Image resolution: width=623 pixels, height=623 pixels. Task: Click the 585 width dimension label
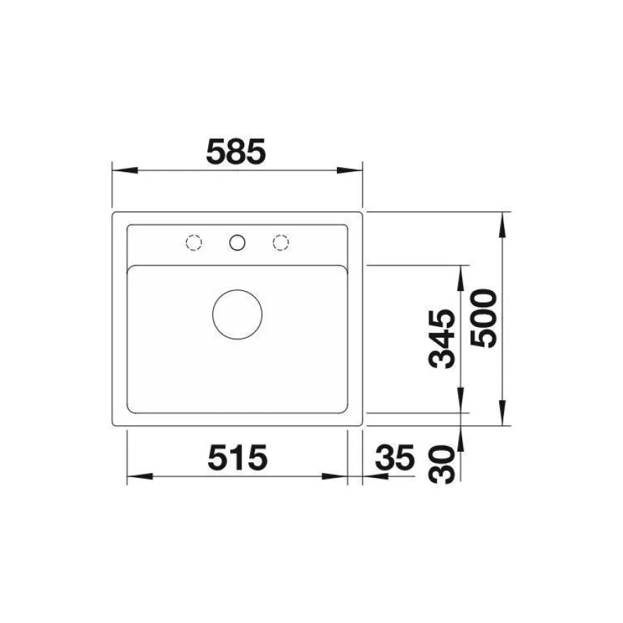coord(236,152)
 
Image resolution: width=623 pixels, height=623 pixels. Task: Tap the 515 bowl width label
coord(238,457)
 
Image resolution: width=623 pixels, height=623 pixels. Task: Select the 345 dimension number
coord(442,339)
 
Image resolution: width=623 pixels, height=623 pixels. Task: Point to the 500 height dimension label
coord(483,319)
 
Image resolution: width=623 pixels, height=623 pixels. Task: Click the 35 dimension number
coord(395,457)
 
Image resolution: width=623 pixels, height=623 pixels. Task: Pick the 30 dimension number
coord(442,464)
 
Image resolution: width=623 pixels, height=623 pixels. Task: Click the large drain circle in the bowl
coord(237,314)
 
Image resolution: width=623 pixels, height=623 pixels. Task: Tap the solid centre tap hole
coord(237,242)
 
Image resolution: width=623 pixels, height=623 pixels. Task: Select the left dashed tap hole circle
coord(194,242)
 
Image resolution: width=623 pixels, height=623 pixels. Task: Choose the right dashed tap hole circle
coord(280,242)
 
